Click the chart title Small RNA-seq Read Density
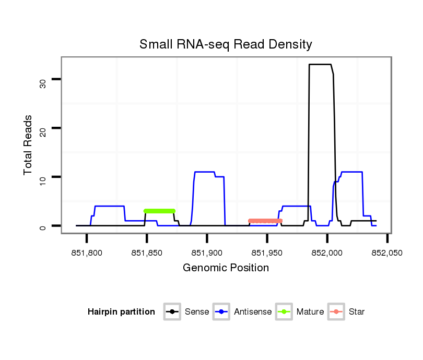226,44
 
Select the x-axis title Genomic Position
226,268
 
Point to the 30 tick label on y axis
43,79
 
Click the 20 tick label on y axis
43,128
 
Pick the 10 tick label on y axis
43,177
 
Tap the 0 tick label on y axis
43,226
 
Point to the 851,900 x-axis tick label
207,253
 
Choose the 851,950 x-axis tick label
267,253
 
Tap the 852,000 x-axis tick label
327,253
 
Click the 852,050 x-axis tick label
387,253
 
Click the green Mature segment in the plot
159,211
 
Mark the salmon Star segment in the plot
265,221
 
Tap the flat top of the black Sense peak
320,64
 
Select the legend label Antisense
253,312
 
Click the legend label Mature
310,312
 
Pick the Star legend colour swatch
337,312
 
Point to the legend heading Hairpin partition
121,312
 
